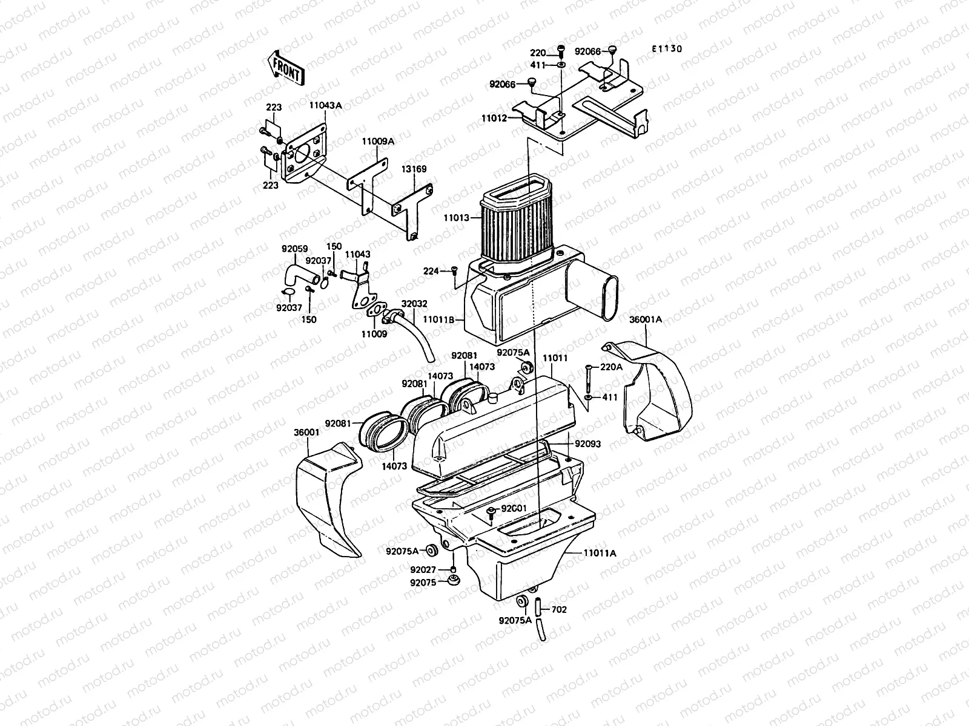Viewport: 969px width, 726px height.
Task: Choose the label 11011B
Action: pos(440,319)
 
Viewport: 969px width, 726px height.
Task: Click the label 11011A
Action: pos(600,553)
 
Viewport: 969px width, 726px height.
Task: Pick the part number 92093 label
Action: pos(588,443)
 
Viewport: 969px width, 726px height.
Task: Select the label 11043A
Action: pos(326,105)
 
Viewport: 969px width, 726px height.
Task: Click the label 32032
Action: pos(414,306)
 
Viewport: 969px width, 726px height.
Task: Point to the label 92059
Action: pos(294,248)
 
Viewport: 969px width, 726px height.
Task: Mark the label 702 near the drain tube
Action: pos(560,610)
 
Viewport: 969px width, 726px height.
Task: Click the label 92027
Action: pos(423,570)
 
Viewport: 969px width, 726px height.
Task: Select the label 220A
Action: pos(611,367)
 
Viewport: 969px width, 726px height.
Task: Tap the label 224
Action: pos(431,272)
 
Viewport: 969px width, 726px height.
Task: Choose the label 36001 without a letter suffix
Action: pos(306,433)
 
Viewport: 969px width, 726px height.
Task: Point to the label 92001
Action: pos(514,509)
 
